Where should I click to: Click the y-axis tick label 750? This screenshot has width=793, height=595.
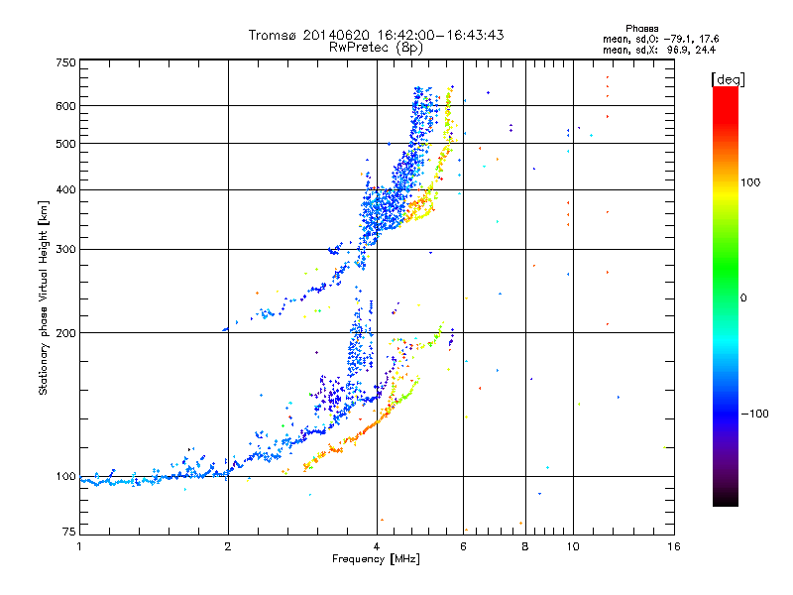pos(66,61)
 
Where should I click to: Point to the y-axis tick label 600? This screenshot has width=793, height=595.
pos(66,105)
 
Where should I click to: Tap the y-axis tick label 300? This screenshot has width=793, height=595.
pos(66,249)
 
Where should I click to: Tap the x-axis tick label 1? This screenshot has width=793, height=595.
pos(80,545)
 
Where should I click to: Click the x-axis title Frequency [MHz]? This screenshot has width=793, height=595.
pos(376,560)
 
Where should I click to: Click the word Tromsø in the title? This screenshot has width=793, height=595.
pos(270,35)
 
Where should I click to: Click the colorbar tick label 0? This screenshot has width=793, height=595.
pos(746,297)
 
